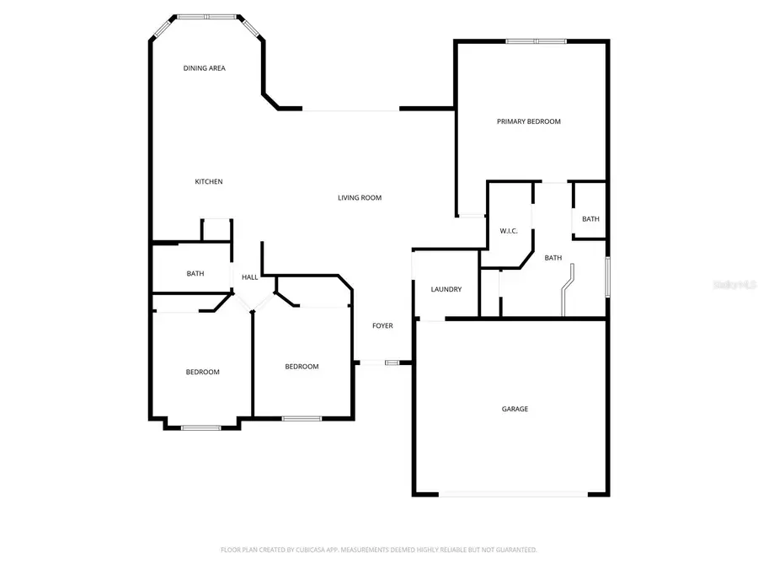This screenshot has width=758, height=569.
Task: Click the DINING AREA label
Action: [205, 68]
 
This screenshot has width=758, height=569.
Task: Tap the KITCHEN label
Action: [209, 182]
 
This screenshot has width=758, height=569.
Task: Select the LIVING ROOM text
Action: [360, 198]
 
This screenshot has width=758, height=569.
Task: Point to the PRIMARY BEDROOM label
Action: [528, 121]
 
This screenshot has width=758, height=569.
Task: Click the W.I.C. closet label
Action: [508, 230]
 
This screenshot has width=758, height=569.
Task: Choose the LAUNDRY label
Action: [446, 289]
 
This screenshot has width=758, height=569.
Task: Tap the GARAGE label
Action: [515, 409]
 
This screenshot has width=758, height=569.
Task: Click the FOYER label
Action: [382, 325]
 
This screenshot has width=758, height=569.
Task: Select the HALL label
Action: [250, 277]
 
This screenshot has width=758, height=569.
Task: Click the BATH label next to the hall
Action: [195, 273]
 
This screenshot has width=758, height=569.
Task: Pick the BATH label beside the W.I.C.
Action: [552, 258]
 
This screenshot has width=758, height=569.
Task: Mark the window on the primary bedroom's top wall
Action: [536, 40]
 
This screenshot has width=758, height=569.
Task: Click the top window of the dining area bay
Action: [206, 16]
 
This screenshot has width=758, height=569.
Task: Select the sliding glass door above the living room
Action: [350, 110]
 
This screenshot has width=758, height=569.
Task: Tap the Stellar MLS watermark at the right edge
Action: [734, 285]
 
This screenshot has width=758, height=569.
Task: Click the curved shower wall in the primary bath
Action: [568, 290]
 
